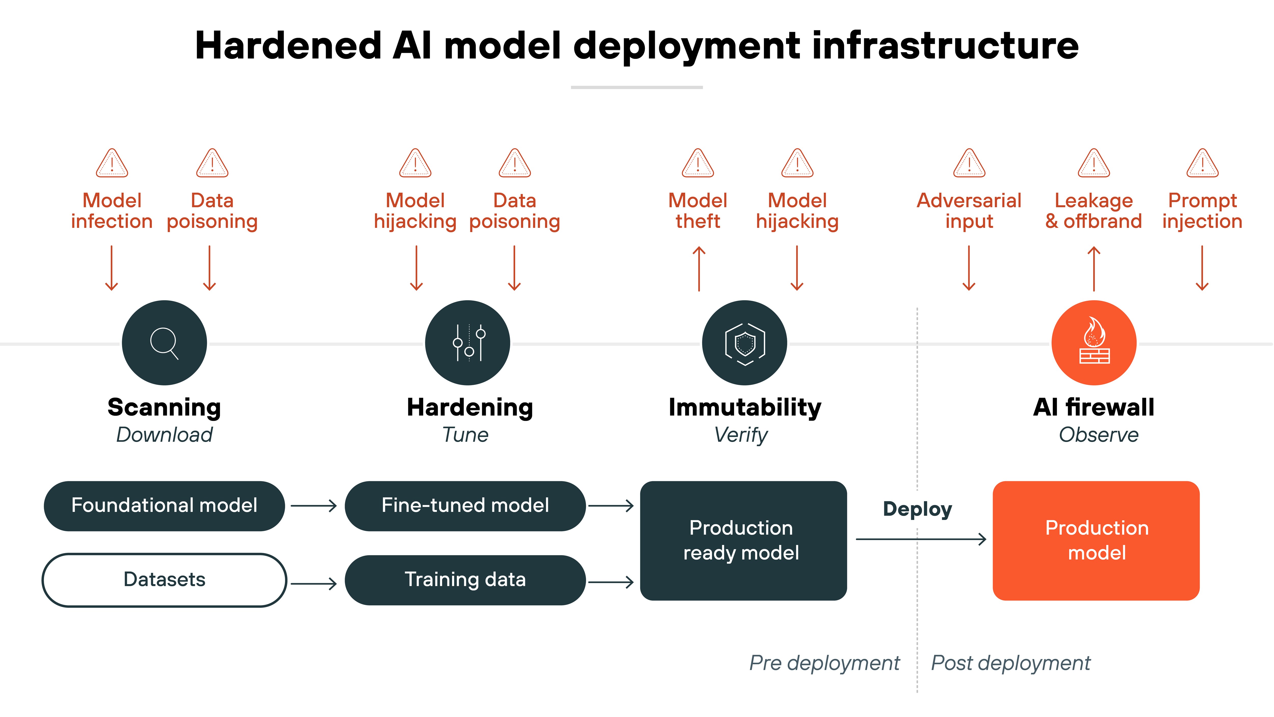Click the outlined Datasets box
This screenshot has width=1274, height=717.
164,579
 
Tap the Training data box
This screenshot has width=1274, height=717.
465,579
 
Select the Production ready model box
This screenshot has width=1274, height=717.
743,540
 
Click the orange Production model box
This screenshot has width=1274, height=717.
1096,540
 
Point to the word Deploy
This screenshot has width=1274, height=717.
918,509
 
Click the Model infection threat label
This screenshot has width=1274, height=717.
112,211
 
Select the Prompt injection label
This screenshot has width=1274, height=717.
1202,211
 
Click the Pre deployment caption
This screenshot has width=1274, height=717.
825,663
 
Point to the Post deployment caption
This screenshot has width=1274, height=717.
1010,663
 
